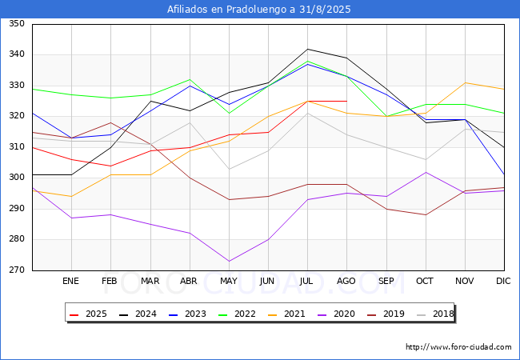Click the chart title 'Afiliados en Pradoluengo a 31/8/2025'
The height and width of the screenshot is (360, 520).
(258, 10)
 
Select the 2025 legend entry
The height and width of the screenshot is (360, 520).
(88, 314)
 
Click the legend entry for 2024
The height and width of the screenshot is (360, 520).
(138, 314)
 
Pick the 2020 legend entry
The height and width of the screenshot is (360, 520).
(336, 314)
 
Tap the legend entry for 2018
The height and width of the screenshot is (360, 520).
(435, 314)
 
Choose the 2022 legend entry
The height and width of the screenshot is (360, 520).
(237, 314)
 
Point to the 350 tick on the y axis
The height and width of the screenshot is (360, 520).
(17, 23)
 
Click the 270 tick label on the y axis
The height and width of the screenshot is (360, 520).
(17, 270)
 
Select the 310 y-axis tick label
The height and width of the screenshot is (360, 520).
(17, 147)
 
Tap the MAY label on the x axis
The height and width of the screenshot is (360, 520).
(229, 281)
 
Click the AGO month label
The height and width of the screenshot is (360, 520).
(346, 281)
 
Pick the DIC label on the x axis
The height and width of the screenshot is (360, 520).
(503, 281)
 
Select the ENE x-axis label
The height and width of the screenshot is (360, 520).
(71, 281)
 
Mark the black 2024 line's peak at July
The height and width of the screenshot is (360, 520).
(308, 49)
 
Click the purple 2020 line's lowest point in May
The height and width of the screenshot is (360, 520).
(229, 262)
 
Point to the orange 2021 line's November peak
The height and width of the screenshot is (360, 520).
(466, 82)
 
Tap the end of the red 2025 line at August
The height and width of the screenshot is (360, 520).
(347, 101)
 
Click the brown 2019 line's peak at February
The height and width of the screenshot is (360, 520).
(110, 122)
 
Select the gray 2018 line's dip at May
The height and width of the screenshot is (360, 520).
(229, 169)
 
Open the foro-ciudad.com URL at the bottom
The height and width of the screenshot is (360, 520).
(458, 347)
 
